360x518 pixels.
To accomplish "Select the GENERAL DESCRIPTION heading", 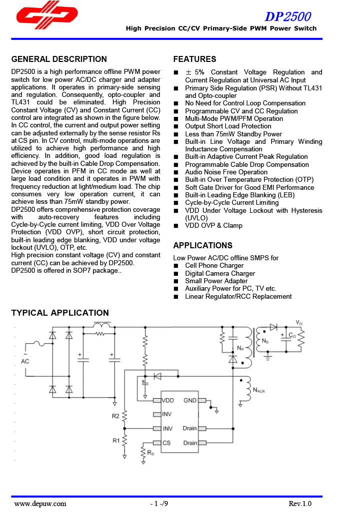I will point(59,59).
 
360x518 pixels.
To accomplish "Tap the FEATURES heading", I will point(194,59).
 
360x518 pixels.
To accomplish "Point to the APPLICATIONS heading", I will point(202,245).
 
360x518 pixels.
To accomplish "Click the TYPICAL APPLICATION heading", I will point(60,313).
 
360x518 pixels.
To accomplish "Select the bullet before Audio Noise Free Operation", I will point(176,172).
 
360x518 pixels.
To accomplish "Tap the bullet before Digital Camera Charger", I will point(176,274).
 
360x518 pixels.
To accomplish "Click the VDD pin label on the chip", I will point(167,401).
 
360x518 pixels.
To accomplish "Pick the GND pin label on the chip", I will point(190,401).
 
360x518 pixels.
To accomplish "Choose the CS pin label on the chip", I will point(166,443).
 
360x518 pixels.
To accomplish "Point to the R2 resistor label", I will point(115,416).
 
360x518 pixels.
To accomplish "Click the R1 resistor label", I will point(115,441).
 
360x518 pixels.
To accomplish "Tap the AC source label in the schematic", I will point(25,361).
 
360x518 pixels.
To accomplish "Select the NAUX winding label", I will point(259,390).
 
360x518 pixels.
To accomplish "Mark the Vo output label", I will point(299,323).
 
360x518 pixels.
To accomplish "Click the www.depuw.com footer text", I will point(40,504).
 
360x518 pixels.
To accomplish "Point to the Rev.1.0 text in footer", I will point(299,504).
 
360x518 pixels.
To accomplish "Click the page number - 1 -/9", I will point(159,504).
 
